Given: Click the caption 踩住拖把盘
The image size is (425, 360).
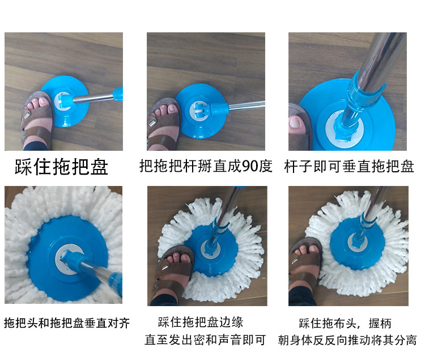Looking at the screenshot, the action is (x=62, y=167).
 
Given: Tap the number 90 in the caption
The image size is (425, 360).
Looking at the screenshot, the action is (x=250, y=166).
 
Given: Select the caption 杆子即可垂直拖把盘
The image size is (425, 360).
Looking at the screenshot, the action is (x=349, y=166).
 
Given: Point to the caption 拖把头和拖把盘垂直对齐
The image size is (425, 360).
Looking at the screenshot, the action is (x=67, y=323).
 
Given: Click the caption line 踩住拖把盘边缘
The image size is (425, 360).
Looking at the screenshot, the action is (x=201, y=322).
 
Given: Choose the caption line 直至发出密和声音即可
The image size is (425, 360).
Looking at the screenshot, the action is (x=205, y=340).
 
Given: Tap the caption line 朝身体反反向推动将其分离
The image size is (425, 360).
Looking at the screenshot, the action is (x=347, y=340).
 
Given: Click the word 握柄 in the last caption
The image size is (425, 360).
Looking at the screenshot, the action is (x=380, y=323).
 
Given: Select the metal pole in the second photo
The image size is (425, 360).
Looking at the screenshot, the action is (x=246, y=105).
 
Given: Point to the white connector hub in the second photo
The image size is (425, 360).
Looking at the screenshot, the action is (x=197, y=111).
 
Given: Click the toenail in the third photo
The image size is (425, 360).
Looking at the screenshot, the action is (x=294, y=122).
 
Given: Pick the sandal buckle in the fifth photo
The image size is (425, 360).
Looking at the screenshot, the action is (x=164, y=268).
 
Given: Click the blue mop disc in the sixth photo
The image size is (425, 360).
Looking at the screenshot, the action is (x=356, y=243).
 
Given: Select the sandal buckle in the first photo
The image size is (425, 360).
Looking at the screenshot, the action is (x=27, y=116).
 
